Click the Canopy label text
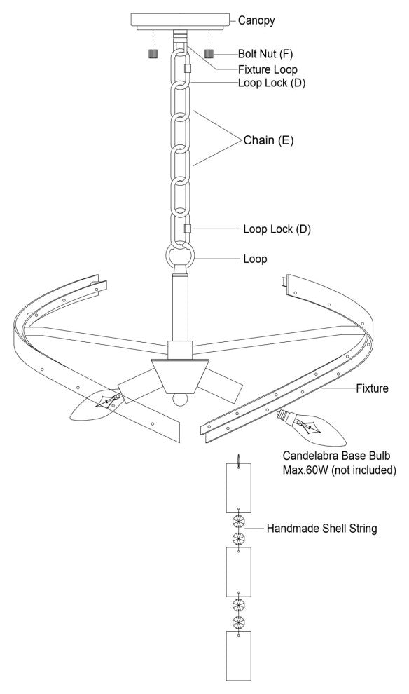pos(256,20)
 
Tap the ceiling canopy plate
pos(181,22)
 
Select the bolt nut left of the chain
pos(153,54)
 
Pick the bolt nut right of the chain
pos(209,54)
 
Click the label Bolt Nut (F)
pos(265,54)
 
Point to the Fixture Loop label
pos(268,69)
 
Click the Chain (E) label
pos(268,140)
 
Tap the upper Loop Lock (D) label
pos(272,83)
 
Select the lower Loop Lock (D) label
pos(277,229)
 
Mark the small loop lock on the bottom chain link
pos(188,229)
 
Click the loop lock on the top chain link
pos(188,68)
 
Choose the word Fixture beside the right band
pos(373,388)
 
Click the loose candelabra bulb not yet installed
pos(311,428)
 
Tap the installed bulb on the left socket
pos(96,404)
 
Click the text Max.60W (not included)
pos(339,470)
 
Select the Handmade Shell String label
pos(322,529)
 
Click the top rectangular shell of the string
pos(239,488)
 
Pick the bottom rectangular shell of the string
pos(239,655)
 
